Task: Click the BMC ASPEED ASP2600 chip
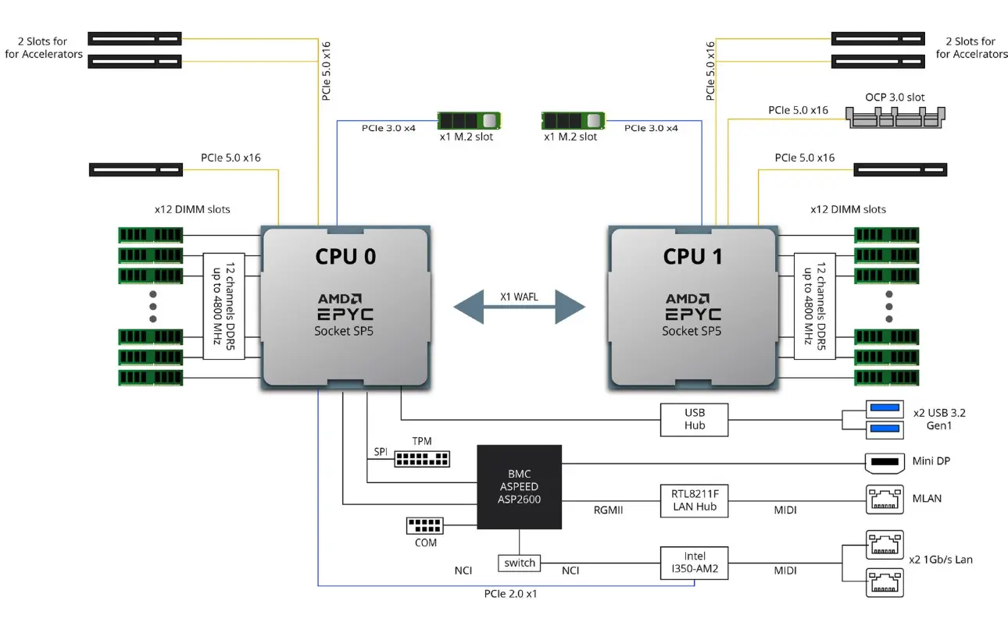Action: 520,486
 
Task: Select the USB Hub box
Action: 694,419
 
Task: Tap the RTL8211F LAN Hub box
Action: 694,498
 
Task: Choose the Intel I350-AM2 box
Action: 694,563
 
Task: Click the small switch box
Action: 520,563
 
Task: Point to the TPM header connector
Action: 422,458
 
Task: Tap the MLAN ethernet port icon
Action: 884,498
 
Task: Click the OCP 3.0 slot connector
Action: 895,117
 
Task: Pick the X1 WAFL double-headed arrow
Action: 519,306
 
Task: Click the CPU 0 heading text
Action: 346,256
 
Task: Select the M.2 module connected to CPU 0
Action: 468,120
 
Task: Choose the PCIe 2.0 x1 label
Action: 509,593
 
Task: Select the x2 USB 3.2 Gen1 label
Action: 945,419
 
